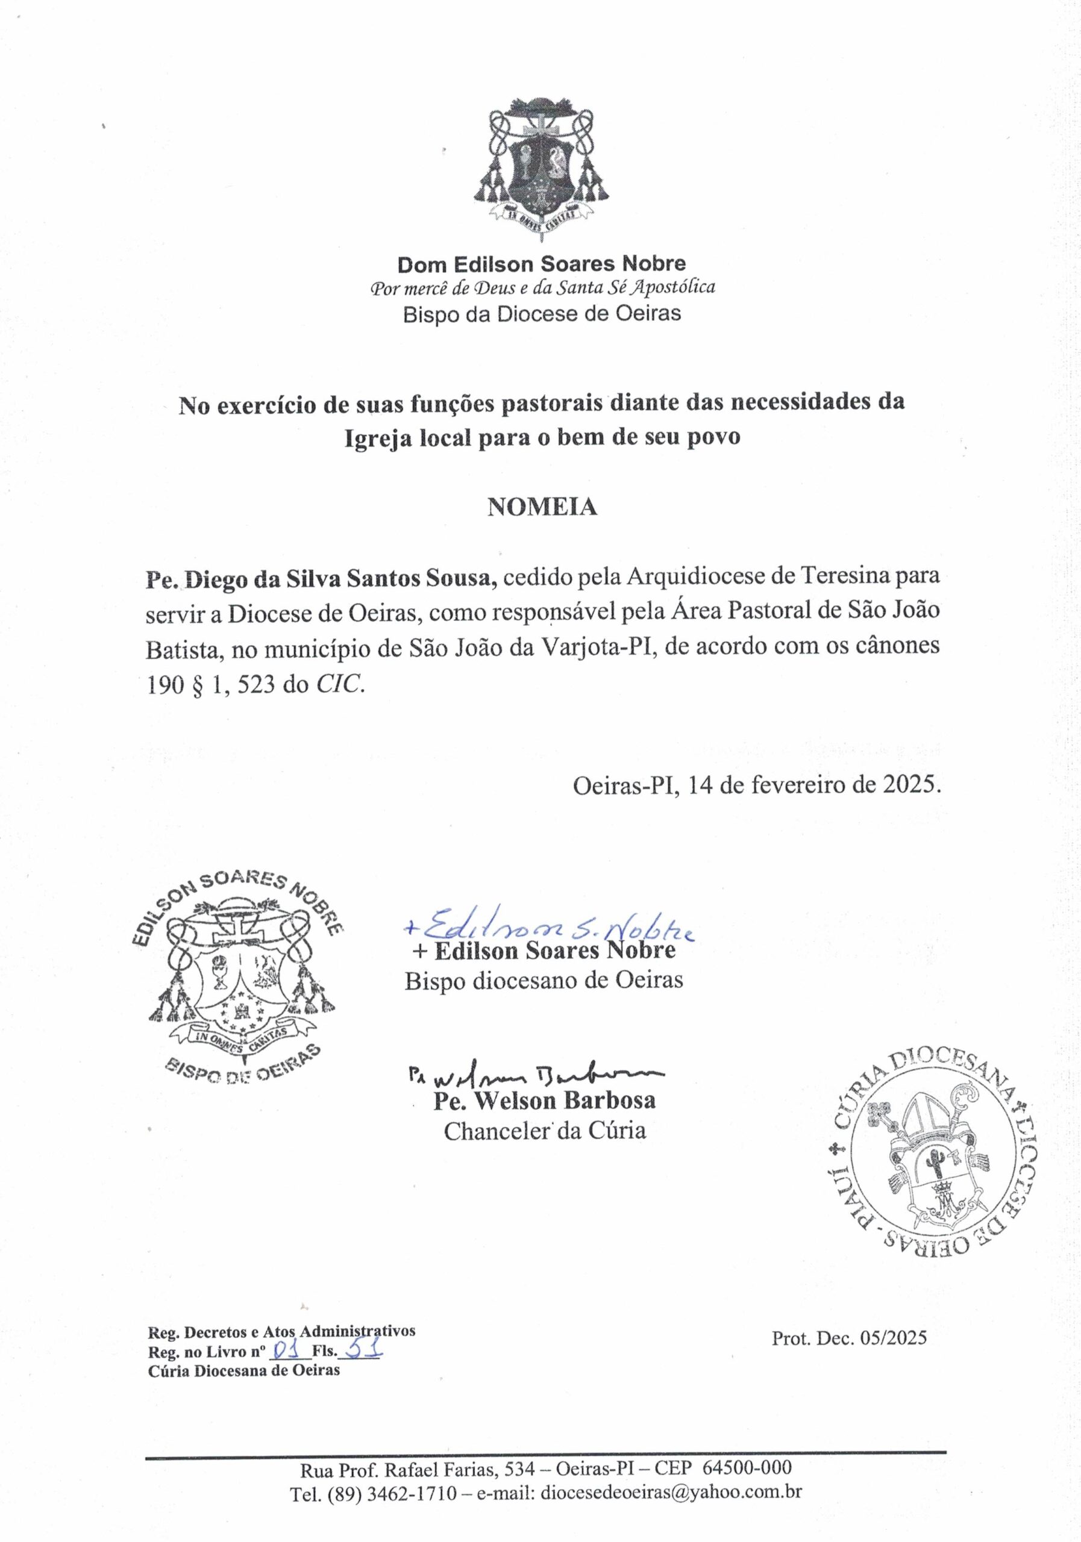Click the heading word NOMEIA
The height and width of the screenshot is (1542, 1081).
542,507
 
